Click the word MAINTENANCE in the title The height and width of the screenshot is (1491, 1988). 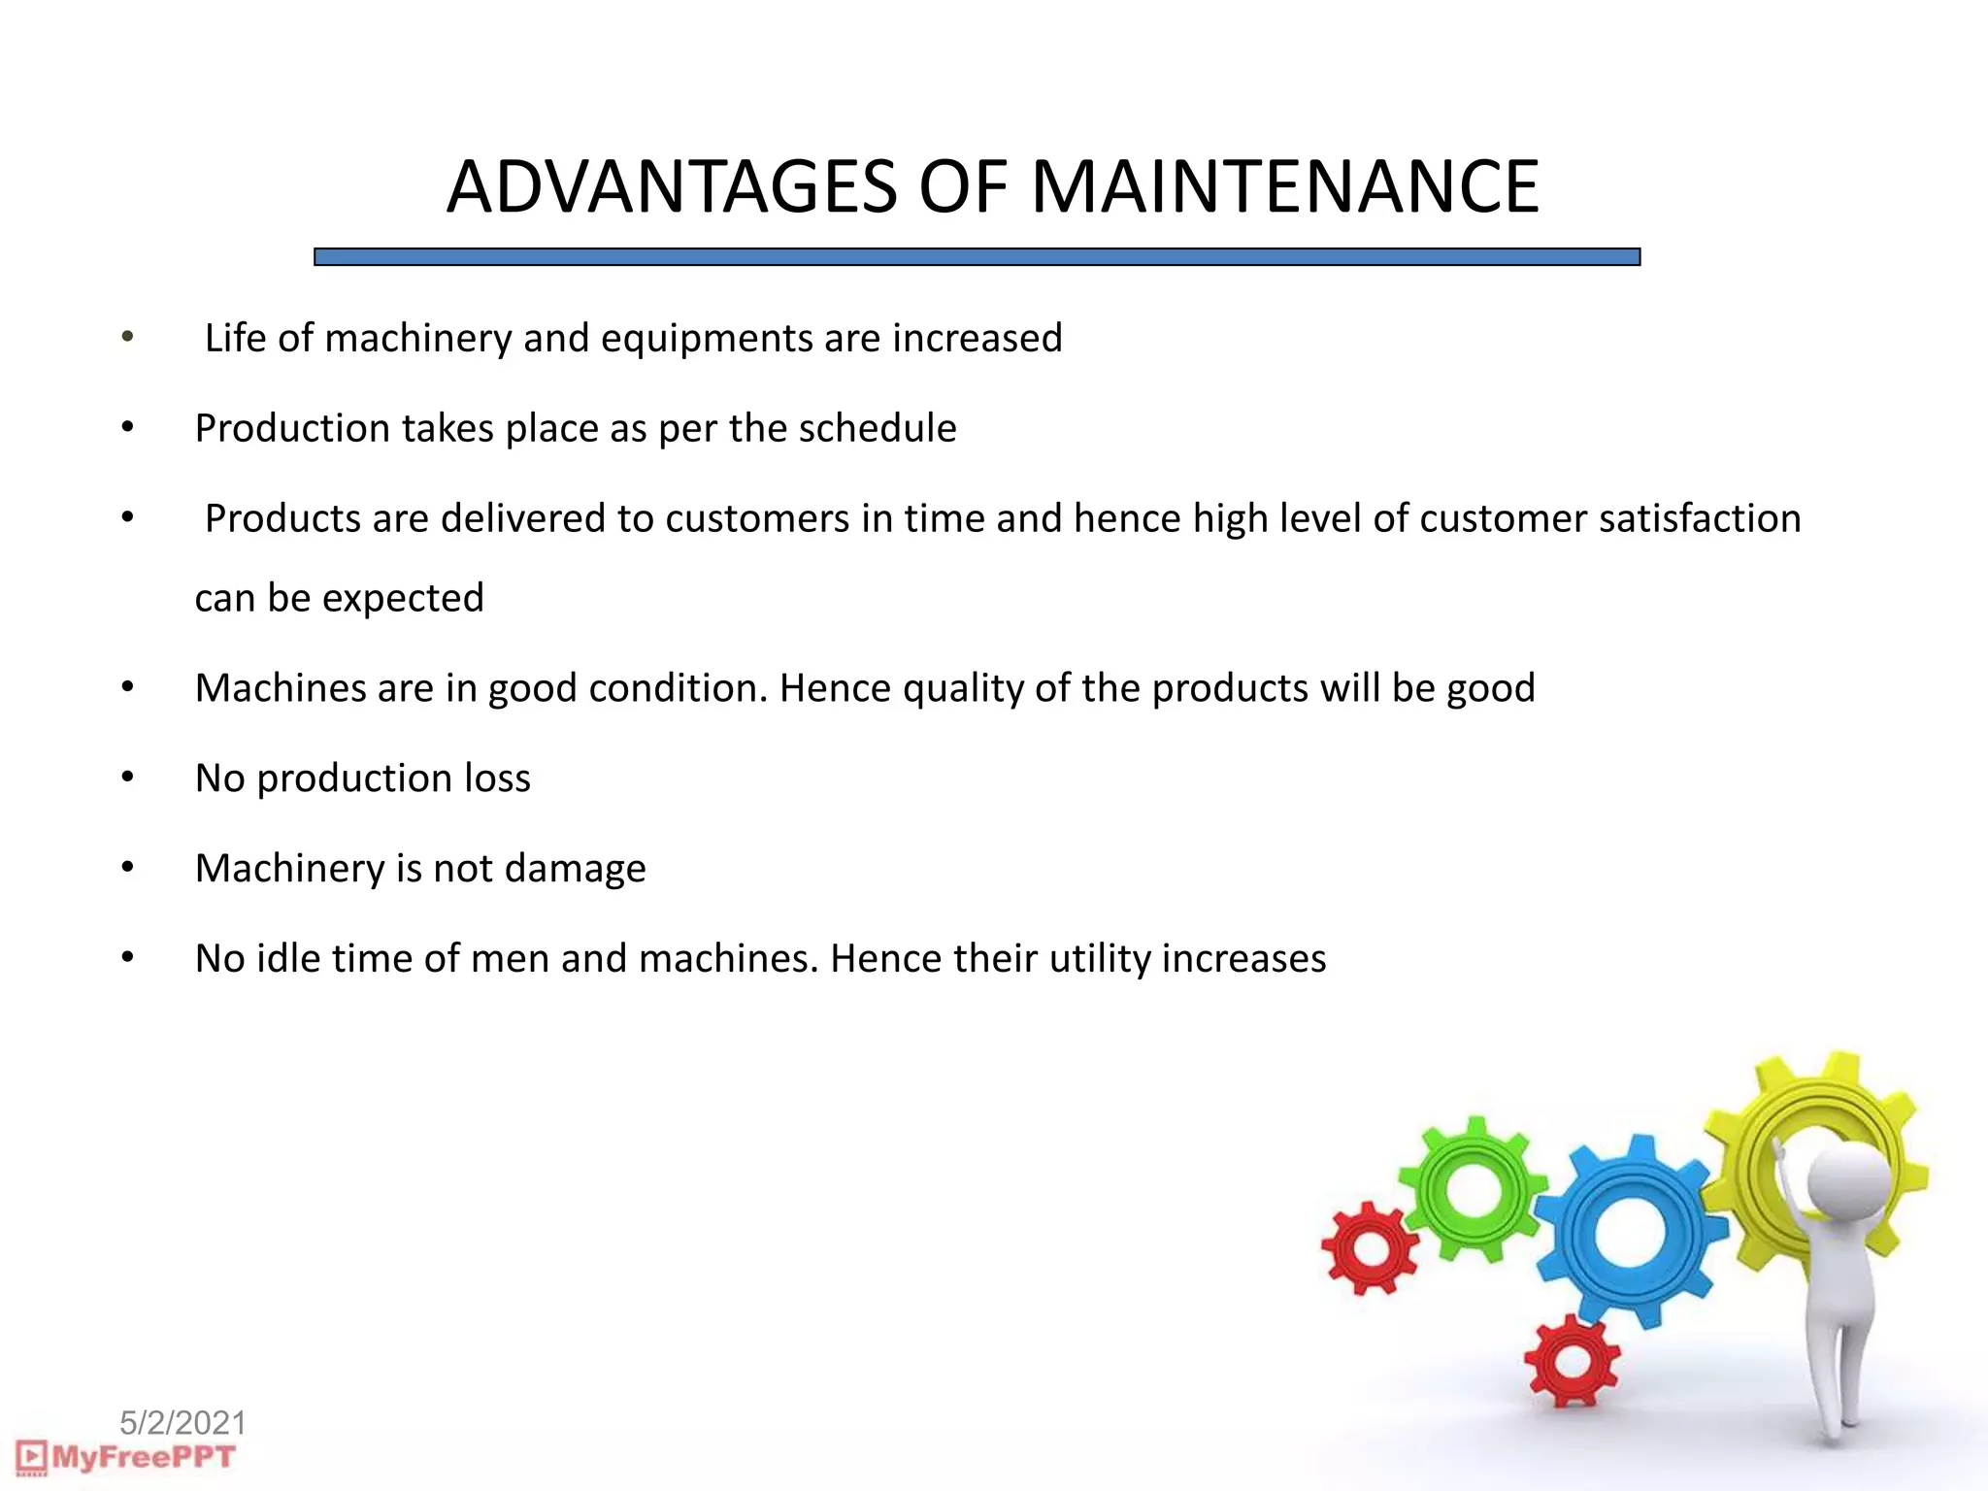pos(1284,186)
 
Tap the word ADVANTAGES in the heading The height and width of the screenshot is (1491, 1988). pos(672,186)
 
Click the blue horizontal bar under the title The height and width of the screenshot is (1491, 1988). pos(977,257)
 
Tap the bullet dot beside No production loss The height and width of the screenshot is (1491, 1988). pos(127,777)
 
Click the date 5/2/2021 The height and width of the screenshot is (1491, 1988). pos(182,1423)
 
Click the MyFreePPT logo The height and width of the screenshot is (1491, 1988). pos(126,1457)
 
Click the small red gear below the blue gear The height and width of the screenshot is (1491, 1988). pos(1572,1361)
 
